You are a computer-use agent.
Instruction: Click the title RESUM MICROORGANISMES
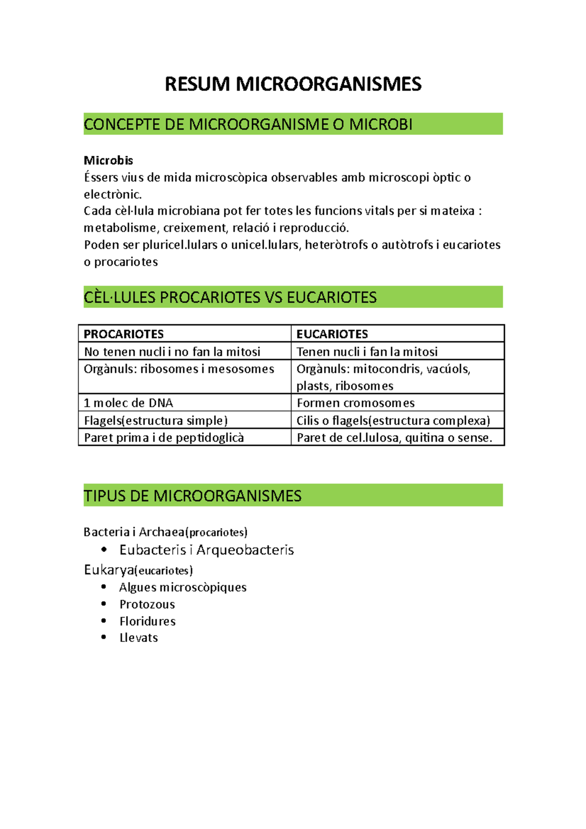pos(293,84)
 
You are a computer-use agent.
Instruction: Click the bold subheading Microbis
pos(108,161)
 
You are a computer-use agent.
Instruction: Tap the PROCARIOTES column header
pos(124,334)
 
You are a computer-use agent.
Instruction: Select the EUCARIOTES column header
pos(332,334)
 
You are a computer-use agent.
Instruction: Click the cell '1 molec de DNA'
pos(128,403)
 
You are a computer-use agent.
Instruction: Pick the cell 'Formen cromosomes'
pos(356,403)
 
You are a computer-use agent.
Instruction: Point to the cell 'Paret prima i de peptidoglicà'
pos(164,437)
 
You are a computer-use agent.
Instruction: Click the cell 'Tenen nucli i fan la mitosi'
pos(367,352)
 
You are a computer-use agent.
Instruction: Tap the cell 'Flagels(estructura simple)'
pos(156,420)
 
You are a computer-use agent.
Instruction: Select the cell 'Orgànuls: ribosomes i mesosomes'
pos(179,369)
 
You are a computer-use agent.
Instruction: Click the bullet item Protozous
pos(147,604)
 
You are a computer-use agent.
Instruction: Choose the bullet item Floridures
pos(147,621)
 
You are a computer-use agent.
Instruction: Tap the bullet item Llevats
pos(139,638)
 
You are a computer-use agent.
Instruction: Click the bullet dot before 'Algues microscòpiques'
pos(104,587)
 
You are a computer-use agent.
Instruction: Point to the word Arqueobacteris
pos(245,550)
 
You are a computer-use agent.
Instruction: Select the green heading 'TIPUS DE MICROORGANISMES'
pos(192,496)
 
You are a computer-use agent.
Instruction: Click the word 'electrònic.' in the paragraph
pos(113,194)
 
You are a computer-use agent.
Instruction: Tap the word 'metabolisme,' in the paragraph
pos(122,228)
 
